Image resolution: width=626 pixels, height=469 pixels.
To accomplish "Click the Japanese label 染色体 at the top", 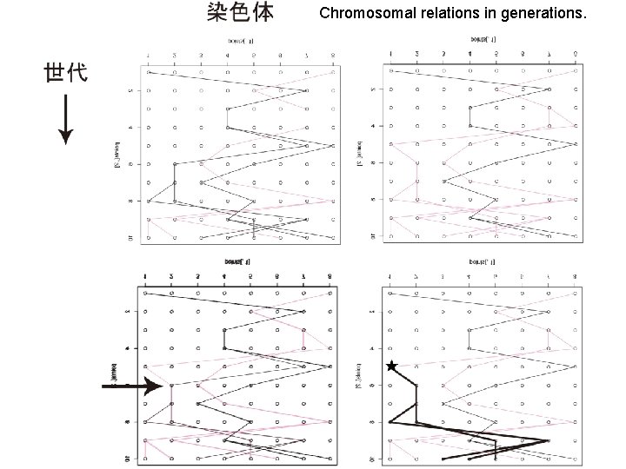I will click(241, 12).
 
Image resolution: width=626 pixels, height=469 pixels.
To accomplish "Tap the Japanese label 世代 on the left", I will click(66, 73).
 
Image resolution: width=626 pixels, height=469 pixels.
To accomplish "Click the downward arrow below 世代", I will click(66, 122).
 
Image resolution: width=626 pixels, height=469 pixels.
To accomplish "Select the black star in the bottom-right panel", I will click(392, 367).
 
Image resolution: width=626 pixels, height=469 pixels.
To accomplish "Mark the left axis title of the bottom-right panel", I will click(358, 375).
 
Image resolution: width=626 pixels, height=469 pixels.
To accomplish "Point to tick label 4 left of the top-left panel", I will click(131, 127).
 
